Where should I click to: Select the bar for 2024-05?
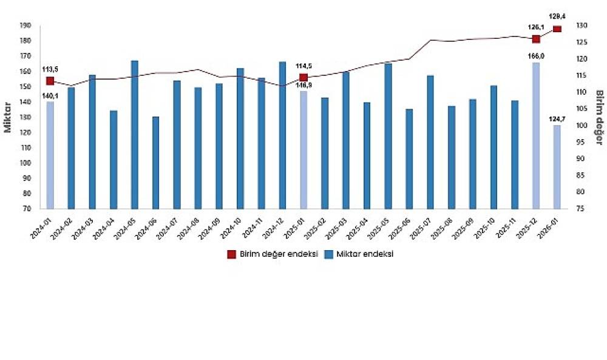pos(135,135)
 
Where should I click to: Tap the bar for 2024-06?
pos(155,163)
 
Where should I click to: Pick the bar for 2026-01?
pos(557,167)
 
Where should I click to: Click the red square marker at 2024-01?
pos(50,81)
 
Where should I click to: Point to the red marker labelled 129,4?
pos(557,29)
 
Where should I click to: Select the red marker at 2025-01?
pos(303,77)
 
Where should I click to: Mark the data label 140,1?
pos(50,95)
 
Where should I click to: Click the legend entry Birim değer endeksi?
pos(273,254)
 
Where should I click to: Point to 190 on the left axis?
pos(25,25)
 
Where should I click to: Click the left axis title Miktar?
pos(8,117)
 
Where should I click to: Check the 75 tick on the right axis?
pos(581,208)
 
